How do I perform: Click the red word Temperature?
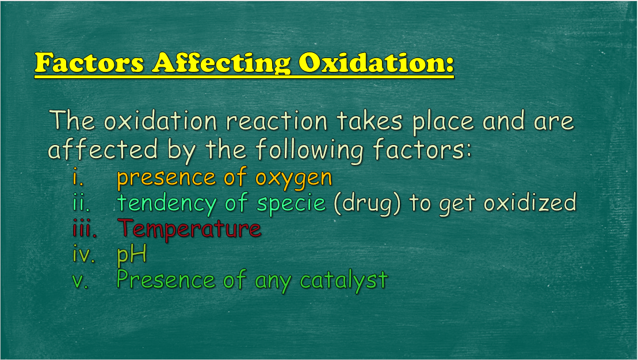click(x=189, y=229)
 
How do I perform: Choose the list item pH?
click(x=131, y=254)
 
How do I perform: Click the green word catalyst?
click(x=343, y=280)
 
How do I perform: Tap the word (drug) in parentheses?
click(x=366, y=202)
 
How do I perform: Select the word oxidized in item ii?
click(x=530, y=202)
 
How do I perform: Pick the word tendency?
click(x=166, y=204)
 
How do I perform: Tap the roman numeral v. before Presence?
click(x=80, y=281)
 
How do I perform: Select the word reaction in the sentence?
click(x=277, y=121)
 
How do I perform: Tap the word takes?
click(x=369, y=121)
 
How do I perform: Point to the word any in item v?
click(x=273, y=282)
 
